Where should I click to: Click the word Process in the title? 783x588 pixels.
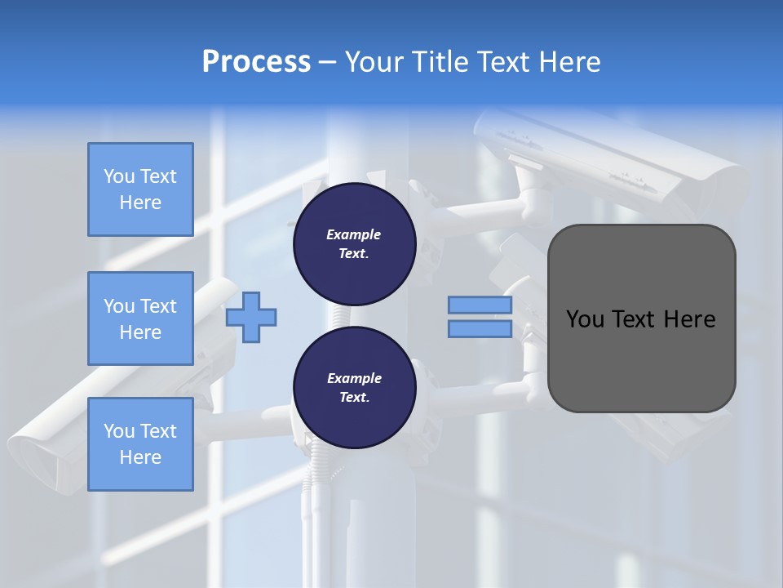pos(256,62)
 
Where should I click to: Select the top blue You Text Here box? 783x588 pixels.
pos(140,189)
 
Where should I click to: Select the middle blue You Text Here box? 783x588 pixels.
pos(140,318)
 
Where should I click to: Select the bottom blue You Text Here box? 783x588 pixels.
pos(140,443)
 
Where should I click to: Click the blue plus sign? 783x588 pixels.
pos(251,318)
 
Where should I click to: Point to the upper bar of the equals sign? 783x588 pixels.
pos(480,305)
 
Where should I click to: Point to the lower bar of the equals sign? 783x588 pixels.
pos(480,329)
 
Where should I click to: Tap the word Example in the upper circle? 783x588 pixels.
pos(354,234)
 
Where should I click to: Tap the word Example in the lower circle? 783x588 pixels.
pos(354,378)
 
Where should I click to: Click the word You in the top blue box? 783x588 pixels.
pos(119,176)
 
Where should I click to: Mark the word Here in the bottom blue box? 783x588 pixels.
pos(140,457)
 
